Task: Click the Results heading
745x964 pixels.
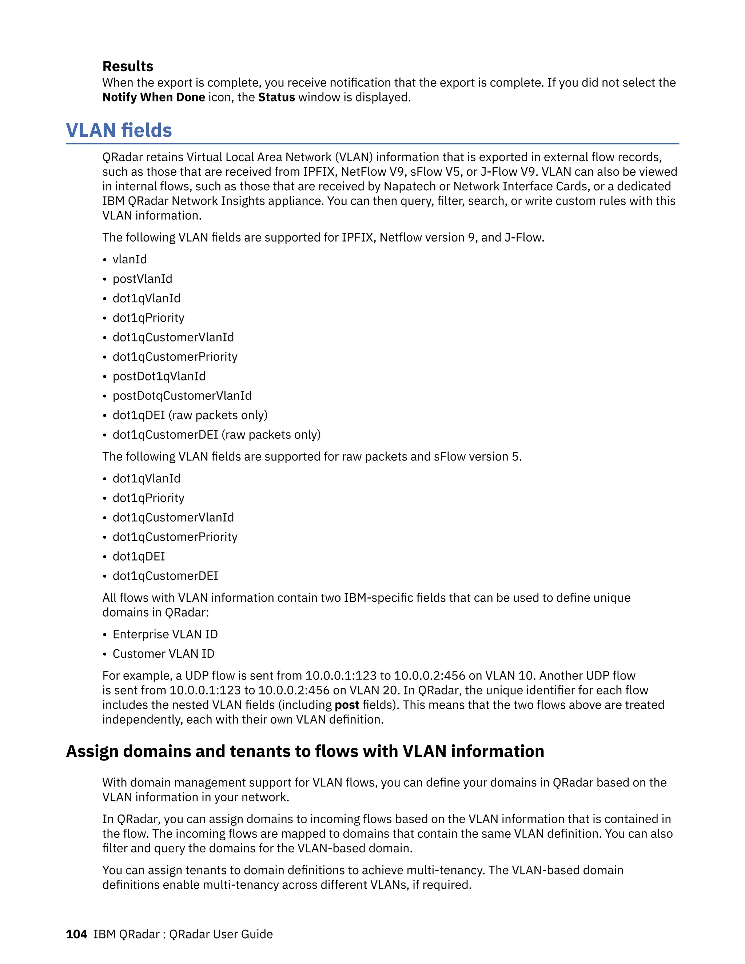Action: click(x=128, y=66)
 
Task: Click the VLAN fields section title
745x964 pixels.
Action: click(x=119, y=131)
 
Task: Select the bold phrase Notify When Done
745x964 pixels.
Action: click(x=154, y=97)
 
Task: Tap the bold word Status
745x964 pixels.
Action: click(x=276, y=97)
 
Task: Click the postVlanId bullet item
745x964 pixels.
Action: click(x=142, y=279)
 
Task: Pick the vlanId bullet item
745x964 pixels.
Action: click(x=130, y=259)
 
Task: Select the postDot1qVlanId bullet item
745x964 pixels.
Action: click(x=159, y=376)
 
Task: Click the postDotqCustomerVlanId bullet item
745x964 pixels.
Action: click(x=182, y=395)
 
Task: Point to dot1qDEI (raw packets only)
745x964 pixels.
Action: click(x=190, y=415)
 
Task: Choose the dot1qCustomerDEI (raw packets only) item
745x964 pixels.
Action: click(x=216, y=435)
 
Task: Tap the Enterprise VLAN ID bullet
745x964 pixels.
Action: click(x=165, y=634)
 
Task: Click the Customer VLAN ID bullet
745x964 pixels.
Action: click(x=163, y=654)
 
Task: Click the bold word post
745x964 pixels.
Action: click(x=347, y=705)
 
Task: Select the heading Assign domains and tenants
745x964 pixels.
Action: click(x=304, y=751)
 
